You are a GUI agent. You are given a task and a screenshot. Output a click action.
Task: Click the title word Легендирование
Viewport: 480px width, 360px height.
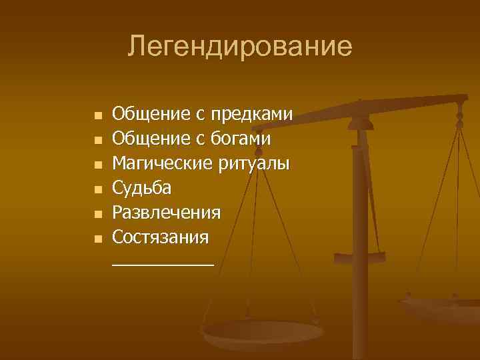click(x=240, y=46)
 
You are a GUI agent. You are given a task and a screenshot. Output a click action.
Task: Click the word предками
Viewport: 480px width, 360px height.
click(x=252, y=115)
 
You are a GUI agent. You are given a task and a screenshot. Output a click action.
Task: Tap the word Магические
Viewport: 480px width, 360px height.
click(x=159, y=163)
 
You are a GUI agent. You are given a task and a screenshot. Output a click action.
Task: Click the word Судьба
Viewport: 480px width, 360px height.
click(x=141, y=187)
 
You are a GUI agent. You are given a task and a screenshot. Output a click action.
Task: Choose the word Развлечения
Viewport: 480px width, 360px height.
click(x=166, y=212)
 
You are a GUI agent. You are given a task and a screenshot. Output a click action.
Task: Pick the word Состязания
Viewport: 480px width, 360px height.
click(x=161, y=237)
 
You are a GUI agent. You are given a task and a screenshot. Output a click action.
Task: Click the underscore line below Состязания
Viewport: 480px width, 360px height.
click(x=163, y=265)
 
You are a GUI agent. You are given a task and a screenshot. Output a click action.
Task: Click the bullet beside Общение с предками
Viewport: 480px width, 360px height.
click(x=98, y=116)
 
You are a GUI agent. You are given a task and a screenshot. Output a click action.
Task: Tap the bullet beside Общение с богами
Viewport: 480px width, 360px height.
click(x=98, y=140)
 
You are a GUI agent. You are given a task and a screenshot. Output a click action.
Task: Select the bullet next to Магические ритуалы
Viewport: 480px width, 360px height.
click(x=98, y=165)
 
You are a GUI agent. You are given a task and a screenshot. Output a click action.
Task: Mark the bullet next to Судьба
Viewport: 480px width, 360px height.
click(x=98, y=189)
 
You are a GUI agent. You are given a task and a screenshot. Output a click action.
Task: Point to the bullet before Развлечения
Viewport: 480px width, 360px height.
click(x=98, y=213)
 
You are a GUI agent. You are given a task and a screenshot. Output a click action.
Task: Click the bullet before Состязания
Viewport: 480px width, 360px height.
click(x=98, y=238)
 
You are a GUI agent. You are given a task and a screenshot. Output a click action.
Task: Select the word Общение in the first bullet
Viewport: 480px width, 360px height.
click(x=151, y=115)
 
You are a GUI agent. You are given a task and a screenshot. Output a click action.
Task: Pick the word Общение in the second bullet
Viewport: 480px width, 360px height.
click(x=151, y=139)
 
